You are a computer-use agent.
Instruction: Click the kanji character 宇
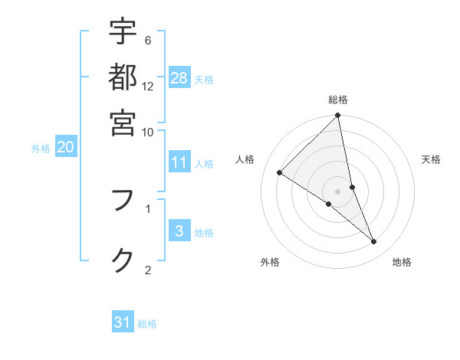pyautogui.click(x=123, y=32)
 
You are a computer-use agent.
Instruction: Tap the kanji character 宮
pyautogui.click(x=123, y=122)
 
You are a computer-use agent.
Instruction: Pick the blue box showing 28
pyautogui.click(x=179, y=77)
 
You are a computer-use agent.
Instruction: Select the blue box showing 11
pyautogui.click(x=179, y=162)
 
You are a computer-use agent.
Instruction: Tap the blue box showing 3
pyautogui.click(x=179, y=231)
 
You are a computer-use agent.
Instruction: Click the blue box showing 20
pyautogui.click(x=66, y=148)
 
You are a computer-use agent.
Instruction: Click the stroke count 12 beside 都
pyautogui.click(x=148, y=86)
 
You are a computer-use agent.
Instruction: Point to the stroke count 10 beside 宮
pyautogui.click(x=148, y=132)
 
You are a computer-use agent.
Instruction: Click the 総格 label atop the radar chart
pyautogui.click(x=338, y=100)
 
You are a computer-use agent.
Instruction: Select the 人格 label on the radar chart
pyautogui.click(x=245, y=159)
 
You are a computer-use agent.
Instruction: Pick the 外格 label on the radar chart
pyautogui.click(x=270, y=262)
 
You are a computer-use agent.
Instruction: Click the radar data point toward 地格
pyautogui.click(x=374, y=242)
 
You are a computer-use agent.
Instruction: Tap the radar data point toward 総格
pyautogui.click(x=338, y=116)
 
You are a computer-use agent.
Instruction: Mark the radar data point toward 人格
pyautogui.click(x=280, y=173)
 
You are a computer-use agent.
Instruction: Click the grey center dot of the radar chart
pyautogui.click(x=338, y=191)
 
